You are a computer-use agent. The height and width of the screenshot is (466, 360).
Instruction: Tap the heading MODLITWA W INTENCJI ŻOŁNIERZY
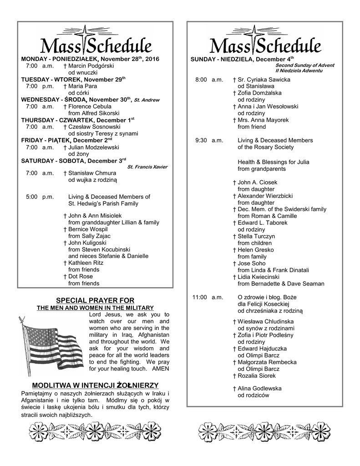92,385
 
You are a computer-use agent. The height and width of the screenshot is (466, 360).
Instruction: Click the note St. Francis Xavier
147,167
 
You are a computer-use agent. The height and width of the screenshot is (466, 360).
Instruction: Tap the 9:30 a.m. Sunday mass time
209,140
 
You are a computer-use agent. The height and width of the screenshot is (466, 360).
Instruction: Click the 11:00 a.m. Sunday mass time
208,297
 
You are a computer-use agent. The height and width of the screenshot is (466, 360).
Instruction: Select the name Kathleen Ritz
86,263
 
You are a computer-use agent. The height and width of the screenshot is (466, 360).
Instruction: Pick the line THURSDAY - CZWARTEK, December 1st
78,120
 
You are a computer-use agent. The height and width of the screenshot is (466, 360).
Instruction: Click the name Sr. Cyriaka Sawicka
264,80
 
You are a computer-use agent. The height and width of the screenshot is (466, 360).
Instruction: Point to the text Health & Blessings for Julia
268,162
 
